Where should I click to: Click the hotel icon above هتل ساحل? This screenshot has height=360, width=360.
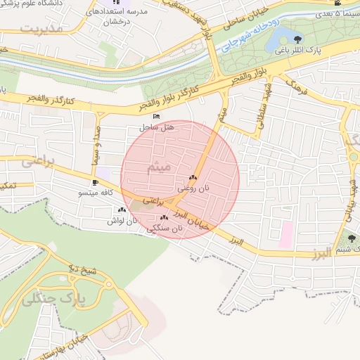point(156,116)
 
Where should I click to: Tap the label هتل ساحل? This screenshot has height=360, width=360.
point(156,128)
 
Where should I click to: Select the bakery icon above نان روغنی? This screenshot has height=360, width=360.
point(193,178)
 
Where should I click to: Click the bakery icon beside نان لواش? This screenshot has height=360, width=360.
point(122,210)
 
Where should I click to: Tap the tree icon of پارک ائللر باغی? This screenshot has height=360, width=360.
point(297,40)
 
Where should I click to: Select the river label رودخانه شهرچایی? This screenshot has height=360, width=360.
point(249,34)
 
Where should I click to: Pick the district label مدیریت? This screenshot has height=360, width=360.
point(42,29)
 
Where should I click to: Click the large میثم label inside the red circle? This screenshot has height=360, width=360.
point(159,168)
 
